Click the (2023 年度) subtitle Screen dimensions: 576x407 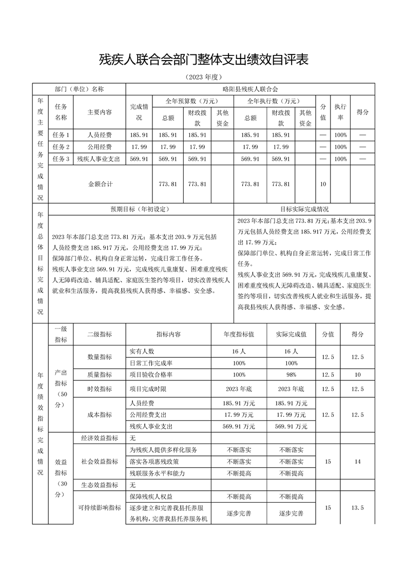[x=203, y=78]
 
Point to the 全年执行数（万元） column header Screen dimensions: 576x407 [x=274, y=101]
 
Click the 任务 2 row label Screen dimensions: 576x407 [x=61, y=147]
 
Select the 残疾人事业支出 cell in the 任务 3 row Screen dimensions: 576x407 [x=99, y=159]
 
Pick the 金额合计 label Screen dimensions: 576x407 [x=101, y=184]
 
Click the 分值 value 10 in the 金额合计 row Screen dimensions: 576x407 [x=323, y=184]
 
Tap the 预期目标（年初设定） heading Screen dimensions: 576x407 [x=140, y=209]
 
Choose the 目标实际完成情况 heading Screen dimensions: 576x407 [x=304, y=209]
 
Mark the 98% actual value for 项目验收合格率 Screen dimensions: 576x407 [x=292, y=375]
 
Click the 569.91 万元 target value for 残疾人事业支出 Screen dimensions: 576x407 [x=239, y=426]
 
